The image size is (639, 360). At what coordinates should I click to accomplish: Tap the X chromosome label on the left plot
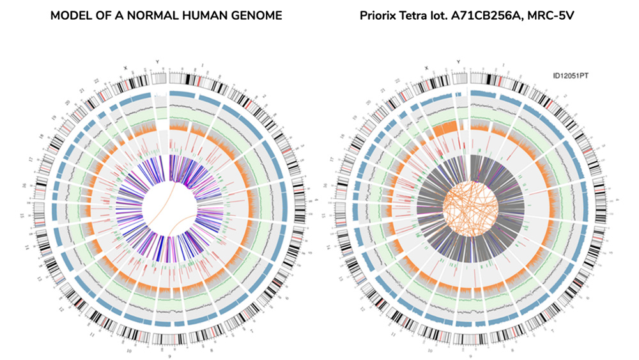pos(125,65)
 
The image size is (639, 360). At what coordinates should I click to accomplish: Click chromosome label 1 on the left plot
pos(203,65)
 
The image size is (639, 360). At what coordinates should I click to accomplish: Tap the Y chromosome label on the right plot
pos(459,62)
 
